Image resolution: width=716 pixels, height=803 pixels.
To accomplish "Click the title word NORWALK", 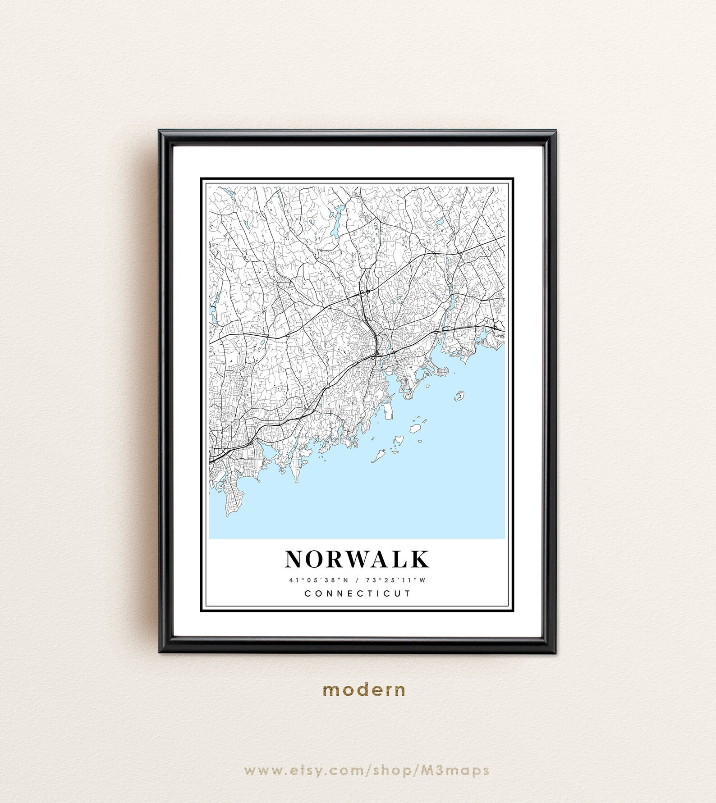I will point(357,559).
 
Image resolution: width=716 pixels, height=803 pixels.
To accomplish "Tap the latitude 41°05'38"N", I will point(319,580).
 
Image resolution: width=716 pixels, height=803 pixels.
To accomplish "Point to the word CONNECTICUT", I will point(358,593).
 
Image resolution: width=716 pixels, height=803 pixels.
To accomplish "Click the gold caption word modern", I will point(364,690).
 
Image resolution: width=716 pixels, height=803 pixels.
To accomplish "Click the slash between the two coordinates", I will point(357,580).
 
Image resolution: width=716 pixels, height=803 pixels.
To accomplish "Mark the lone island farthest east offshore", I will point(459,396).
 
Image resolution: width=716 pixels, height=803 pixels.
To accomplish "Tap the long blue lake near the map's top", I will point(335,223).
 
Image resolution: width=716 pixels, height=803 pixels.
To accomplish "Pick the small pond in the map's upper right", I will point(439,222).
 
